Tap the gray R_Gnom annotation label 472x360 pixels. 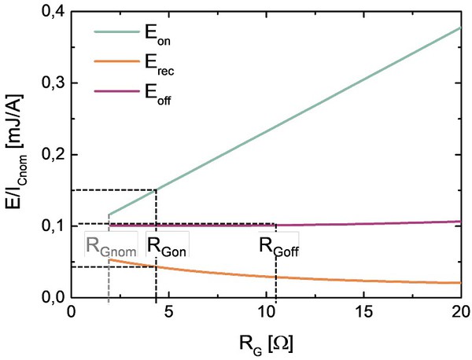[x=111, y=245]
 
